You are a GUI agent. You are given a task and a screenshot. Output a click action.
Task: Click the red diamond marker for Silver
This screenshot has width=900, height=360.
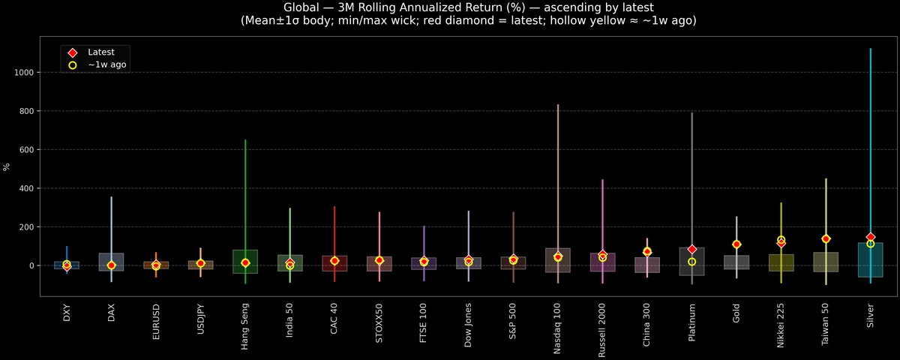(x=870, y=237)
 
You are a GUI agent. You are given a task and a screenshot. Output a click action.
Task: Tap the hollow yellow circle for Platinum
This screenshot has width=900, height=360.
(x=692, y=262)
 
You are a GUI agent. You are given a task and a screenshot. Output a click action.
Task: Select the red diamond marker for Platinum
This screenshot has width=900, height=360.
(x=692, y=249)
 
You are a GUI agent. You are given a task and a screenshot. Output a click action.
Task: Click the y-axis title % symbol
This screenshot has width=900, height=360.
(x=7, y=166)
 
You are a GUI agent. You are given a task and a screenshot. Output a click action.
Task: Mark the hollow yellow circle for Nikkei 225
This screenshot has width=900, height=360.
(x=781, y=240)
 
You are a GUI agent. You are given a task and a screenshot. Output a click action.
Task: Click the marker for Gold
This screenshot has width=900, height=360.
(x=736, y=244)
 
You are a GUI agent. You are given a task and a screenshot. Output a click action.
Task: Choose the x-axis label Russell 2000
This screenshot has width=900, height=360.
(x=602, y=331)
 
